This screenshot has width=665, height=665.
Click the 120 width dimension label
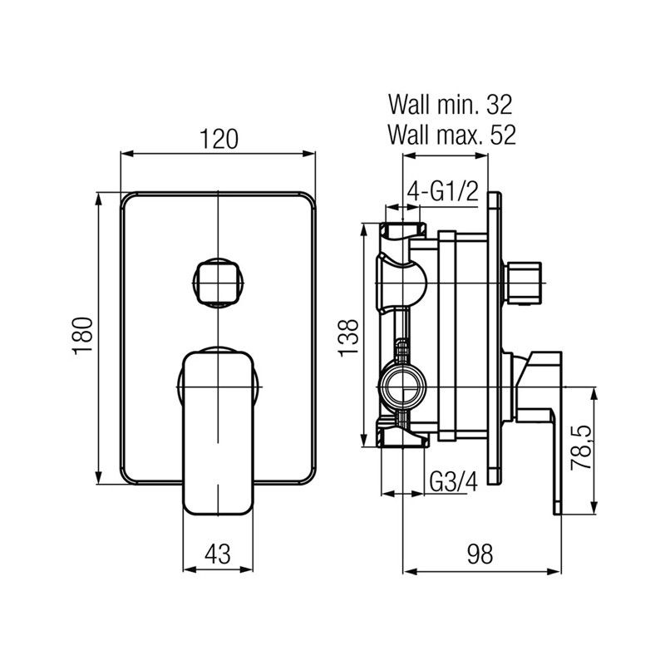tap(219, 139)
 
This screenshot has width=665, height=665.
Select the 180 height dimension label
tap(81, 337)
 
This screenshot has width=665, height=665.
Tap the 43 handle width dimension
tap(218, 552)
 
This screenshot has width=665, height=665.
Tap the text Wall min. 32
tap(451, 106)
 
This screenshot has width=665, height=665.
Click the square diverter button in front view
tap(218, 283)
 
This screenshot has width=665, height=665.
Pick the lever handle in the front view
tap(218, 432)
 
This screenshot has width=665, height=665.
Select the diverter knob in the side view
tap(525, 283)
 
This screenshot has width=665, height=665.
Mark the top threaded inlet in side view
tap(403, 231)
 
